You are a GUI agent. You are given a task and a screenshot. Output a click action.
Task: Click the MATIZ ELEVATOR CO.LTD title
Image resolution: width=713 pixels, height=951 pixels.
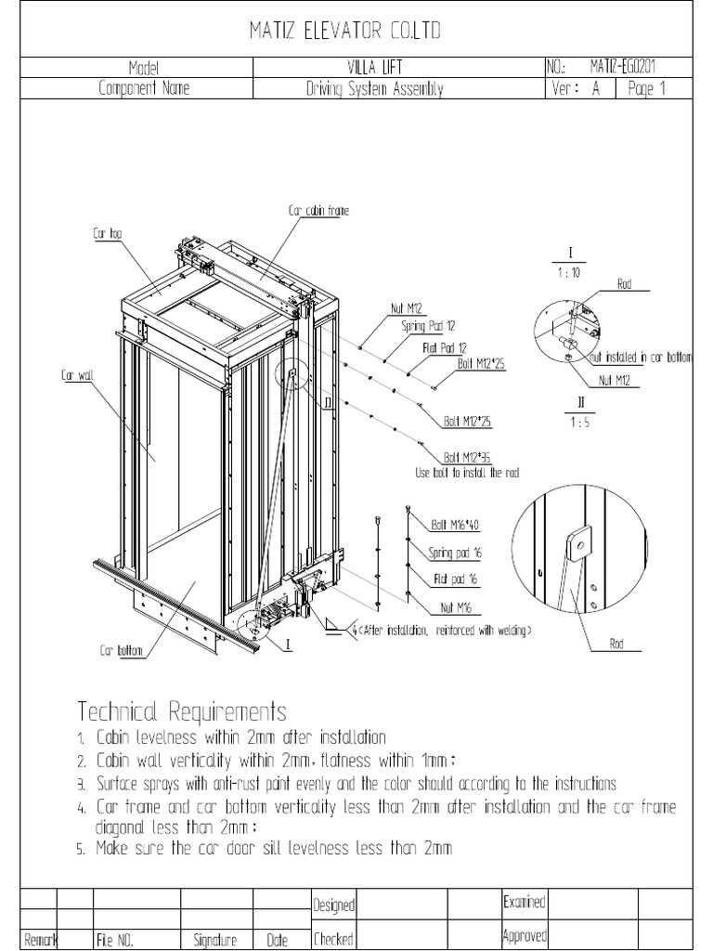click(x=345, y=33)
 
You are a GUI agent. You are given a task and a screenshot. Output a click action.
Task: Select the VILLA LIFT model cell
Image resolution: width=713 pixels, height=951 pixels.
click(x=399, y=68)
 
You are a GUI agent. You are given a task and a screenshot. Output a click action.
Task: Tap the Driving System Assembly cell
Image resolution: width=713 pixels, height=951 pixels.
click(x=374, y=89)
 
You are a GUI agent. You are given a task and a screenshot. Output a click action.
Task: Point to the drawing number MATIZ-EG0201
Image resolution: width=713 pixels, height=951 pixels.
click(x=628, y=68)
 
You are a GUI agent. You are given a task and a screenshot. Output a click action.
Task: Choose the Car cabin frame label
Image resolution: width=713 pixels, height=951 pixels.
click(x=318, y=212)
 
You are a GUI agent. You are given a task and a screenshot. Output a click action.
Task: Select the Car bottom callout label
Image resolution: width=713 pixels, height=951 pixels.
click(x=122, y=651)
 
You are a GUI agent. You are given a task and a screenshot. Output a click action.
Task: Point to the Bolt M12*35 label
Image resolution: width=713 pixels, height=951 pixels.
click(x=467, y=458)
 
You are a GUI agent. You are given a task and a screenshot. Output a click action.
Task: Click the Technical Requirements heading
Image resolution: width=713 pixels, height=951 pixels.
click(x=182, y=712)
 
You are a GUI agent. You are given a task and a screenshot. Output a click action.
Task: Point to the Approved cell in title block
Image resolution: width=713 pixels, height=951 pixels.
click(x=524, y=935)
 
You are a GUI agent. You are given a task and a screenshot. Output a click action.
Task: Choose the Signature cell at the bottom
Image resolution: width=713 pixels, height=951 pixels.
click(x=215, y=940)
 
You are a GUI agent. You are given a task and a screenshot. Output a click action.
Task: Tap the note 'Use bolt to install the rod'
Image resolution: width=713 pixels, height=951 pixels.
click(x=467, y=473)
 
